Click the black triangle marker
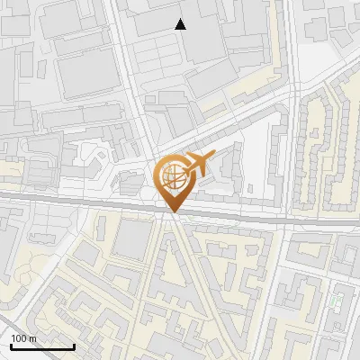(181, 24)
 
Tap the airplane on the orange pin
(197, 164)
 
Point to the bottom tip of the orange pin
(173, 212)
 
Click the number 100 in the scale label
(18, 338)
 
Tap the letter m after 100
(32, 338)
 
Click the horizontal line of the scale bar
(42, 347)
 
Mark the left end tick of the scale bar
(11, 345)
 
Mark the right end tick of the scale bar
(74, 345)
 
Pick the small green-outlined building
(337, 300)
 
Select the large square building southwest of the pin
(133, 238)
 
